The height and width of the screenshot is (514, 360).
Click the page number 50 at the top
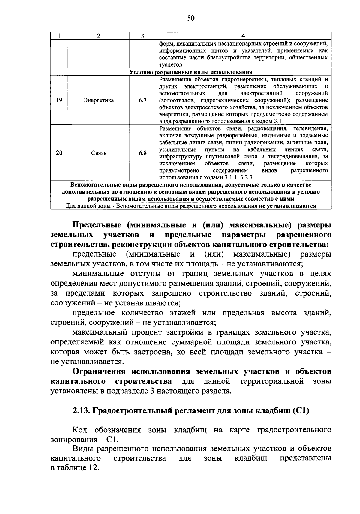191,19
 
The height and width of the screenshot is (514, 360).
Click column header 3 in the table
142,36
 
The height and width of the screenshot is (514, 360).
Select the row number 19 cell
59,100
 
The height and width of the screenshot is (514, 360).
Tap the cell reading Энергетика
99,100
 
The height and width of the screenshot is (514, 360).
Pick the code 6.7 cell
142,100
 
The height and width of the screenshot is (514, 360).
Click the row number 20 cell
59,153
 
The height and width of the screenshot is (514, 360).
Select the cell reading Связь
99,153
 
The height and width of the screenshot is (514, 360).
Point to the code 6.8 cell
142,153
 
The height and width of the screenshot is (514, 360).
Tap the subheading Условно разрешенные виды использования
191,72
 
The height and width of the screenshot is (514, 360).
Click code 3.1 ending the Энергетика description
277,122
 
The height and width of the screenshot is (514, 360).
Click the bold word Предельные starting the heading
97,225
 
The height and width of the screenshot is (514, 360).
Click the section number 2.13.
81,410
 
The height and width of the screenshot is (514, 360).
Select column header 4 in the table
243,36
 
